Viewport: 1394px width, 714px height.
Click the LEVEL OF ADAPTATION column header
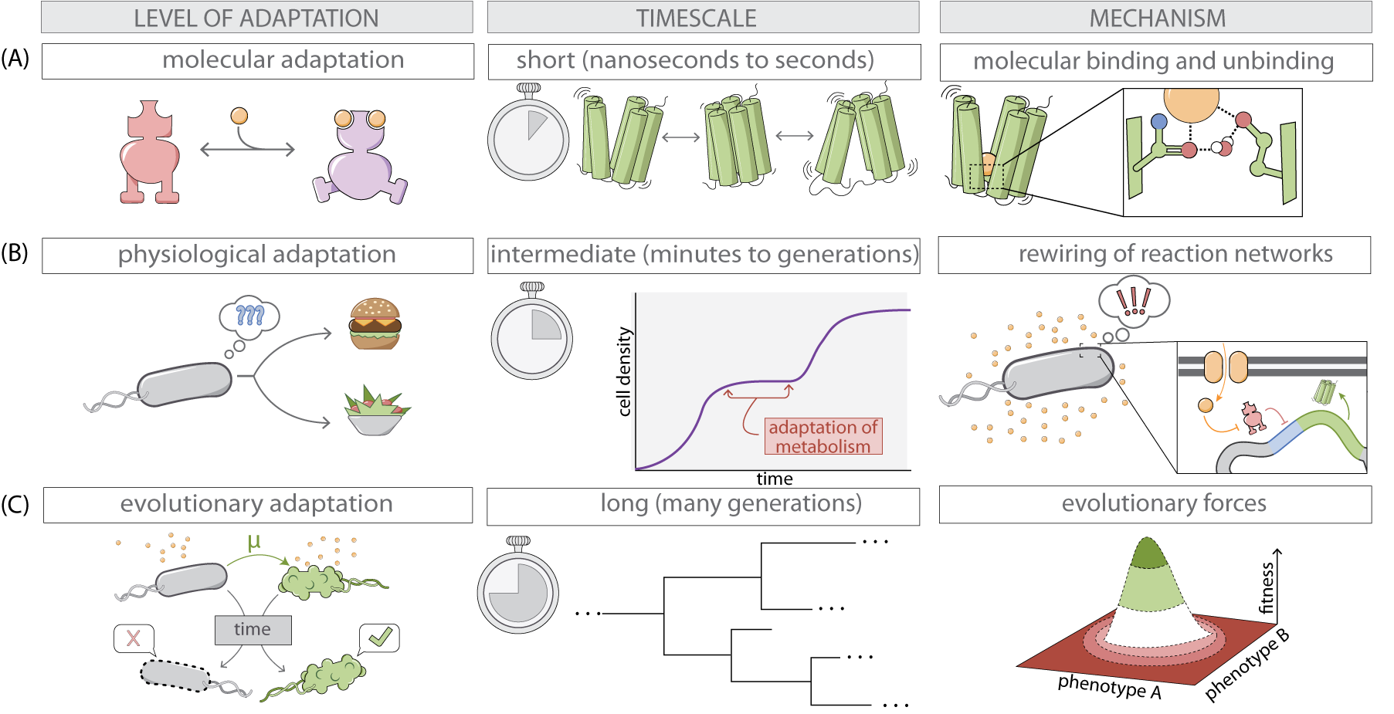click(256, 18)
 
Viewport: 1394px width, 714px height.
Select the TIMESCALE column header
click(696, 18)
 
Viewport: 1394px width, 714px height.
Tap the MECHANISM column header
click(1157, 18)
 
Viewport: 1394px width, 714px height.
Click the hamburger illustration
click(375, 323)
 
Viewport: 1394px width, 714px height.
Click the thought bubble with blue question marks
click(249, 315)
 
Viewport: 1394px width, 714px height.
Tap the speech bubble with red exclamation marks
click(1134, 300)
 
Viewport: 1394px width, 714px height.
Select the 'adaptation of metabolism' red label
click(823, 437)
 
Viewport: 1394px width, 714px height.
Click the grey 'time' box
click(253, 630)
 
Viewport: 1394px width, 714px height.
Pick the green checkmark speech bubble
click(379, 638)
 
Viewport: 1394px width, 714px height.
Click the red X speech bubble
click(134, 638)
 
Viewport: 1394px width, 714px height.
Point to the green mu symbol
click(254, 543)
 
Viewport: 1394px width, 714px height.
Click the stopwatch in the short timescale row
click(528, 137)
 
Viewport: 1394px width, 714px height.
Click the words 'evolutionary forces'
click(1163, 503)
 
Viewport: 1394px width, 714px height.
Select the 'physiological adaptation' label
click(256, 255)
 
